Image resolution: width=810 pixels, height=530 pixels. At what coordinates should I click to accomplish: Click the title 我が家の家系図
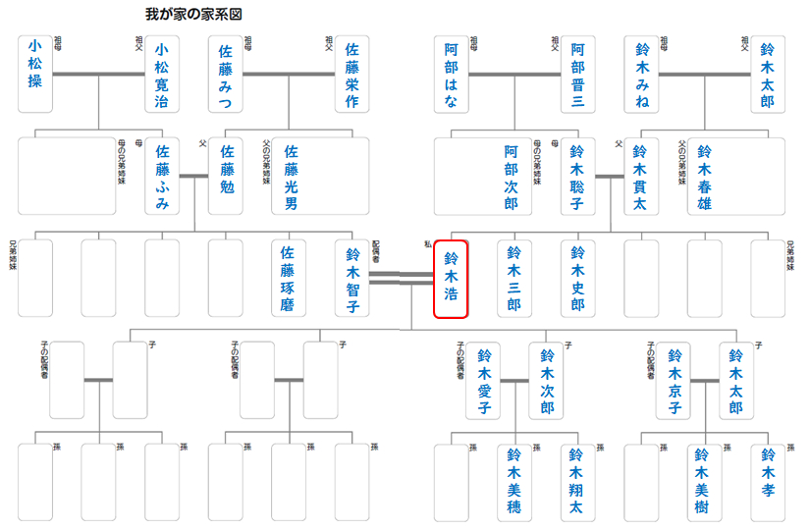193,15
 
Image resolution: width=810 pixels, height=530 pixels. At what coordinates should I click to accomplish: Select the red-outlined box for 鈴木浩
451,279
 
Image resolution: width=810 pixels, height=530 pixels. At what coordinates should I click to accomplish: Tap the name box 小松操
34,74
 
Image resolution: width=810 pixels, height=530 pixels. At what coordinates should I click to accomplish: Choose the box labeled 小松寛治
161,74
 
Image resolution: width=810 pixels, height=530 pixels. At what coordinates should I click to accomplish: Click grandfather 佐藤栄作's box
351,74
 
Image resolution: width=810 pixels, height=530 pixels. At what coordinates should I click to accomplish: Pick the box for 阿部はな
451,74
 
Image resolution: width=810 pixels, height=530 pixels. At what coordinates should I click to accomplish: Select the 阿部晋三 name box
577,74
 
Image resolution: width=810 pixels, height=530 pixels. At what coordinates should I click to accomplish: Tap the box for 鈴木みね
641,74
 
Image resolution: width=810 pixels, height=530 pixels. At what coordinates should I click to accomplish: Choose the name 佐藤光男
290,177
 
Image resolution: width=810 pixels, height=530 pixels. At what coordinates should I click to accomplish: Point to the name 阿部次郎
511,177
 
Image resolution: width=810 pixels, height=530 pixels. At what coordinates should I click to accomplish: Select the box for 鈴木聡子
577,177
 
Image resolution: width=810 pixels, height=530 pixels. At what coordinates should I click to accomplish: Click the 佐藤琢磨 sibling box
288,279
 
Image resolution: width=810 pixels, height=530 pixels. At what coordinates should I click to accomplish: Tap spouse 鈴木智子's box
351,279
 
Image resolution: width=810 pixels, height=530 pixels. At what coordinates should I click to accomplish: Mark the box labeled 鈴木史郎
577,279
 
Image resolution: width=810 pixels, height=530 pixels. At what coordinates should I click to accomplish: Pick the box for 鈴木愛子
483,381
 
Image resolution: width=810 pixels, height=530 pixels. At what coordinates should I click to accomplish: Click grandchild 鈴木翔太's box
577,482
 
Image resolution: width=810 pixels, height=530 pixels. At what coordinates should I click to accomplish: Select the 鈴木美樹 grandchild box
703,482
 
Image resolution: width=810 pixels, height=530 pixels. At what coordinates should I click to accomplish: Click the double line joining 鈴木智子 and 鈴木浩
401,279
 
